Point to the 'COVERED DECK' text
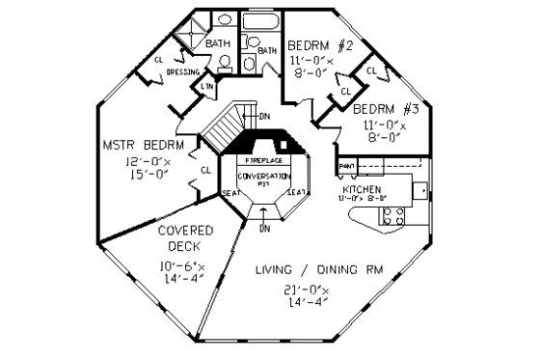(180, 237)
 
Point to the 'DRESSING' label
(183, 72)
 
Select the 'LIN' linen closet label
(207, 87)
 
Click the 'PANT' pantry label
(347, 167)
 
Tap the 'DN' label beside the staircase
(265, 117)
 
